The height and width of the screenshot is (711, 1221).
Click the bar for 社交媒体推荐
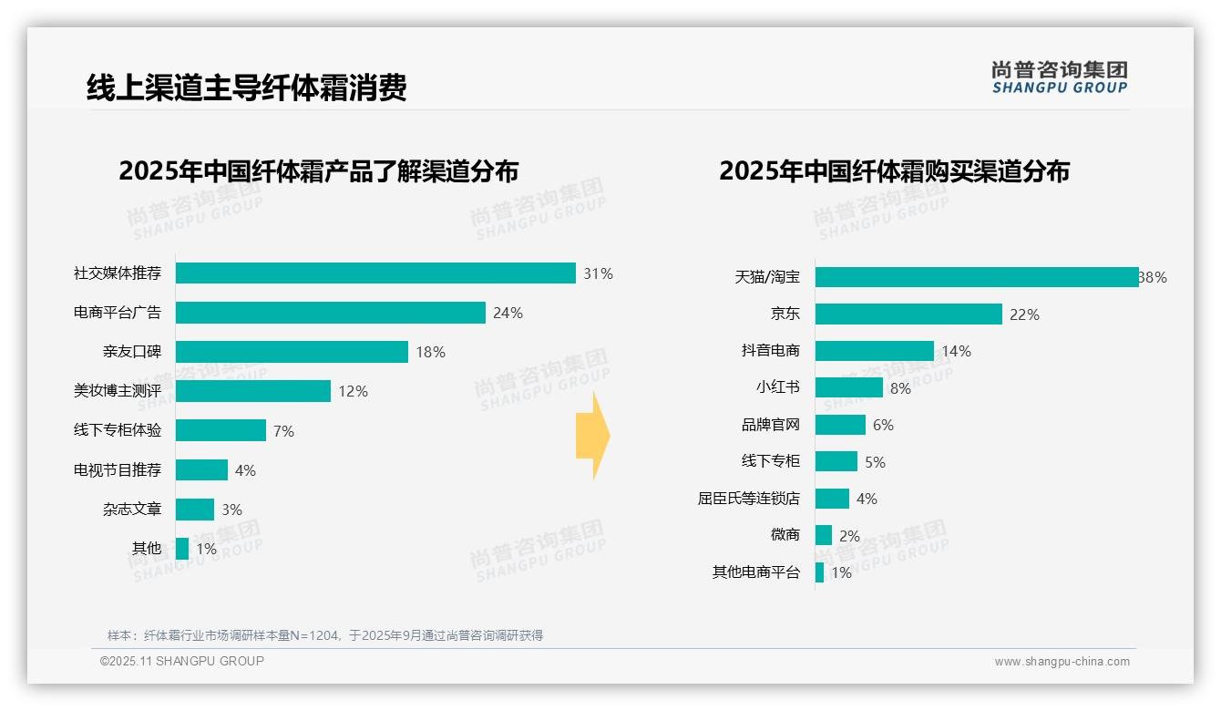(375, 273)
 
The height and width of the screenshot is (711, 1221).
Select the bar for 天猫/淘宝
(977, 277)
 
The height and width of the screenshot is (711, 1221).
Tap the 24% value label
(508, 314)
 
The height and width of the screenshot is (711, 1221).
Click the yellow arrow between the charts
(593, 436)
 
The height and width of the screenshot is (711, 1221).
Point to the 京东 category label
(785, 314)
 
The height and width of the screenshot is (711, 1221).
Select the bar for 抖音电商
(875, 351)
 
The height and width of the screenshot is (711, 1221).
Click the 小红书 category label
(777, 387)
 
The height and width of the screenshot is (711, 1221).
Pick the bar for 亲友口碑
(292, 352)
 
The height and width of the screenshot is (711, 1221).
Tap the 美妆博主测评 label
(118, 391)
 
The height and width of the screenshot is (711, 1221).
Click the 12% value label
(353, 391)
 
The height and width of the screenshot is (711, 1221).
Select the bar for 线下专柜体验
(221, 430)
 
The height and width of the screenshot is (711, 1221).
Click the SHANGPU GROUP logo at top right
(1059, 77)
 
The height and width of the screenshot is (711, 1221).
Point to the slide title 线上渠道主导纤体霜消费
(246, 88)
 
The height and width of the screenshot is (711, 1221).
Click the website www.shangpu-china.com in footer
(1062, 662)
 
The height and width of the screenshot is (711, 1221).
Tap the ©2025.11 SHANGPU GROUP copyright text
(182, 661)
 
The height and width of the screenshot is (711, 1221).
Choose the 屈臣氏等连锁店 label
(749, 499)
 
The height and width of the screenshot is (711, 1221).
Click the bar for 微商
(824, 535)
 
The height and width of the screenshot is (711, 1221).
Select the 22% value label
(1024, 314)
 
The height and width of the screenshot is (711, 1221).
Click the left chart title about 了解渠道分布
(319, 171)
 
